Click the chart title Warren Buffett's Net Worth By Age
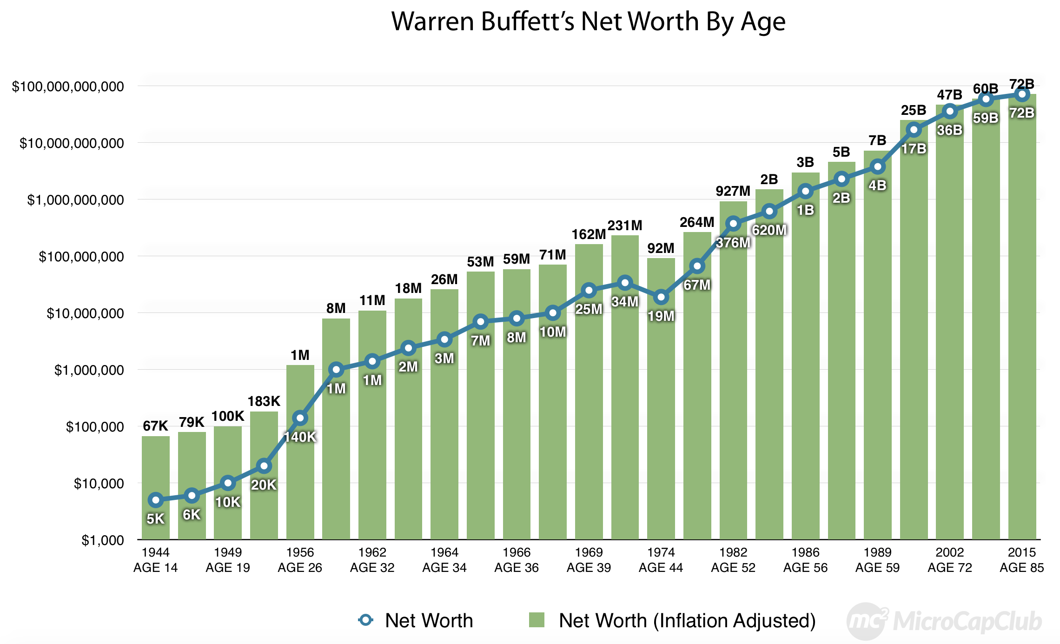point(588,21)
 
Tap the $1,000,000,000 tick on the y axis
point(75,200)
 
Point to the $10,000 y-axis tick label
point(99,484)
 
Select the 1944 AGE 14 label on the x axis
point(155,560)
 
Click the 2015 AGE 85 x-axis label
point(1021,560)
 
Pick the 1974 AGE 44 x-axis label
point(661,560)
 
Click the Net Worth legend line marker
point(366,620)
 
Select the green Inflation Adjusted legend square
point(537,620)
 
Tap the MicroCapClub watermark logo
point(944,621)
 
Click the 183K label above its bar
point(264,401)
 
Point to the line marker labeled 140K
point(300,418)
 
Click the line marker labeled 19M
point(661,297)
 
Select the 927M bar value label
point(733,191)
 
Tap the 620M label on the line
point(769,230)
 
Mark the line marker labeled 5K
point(155,500)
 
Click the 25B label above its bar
point(913,110)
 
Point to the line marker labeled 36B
point(950,111)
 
